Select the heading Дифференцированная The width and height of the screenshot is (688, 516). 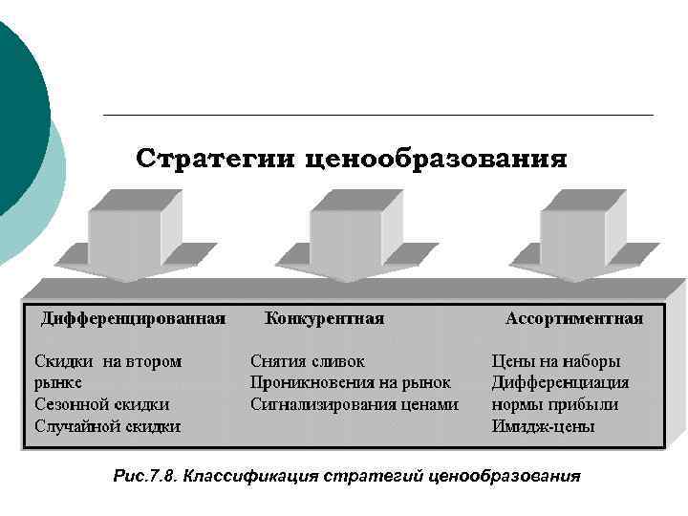[133, 318]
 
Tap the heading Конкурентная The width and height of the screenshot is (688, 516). [324, 318]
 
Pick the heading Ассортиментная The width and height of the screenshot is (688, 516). [574, 318]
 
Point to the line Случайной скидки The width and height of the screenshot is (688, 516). [107, 426]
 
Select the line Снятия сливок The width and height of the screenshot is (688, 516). [307, 362]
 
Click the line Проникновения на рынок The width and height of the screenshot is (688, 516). [350, 383]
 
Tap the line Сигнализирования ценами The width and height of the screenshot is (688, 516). [355, 404]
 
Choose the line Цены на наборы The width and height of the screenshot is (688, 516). [555, 362]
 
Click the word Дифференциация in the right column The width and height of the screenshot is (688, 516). [560, 383]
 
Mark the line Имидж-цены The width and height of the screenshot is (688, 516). [543, 426]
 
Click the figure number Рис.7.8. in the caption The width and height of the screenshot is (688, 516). [143, 476]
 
